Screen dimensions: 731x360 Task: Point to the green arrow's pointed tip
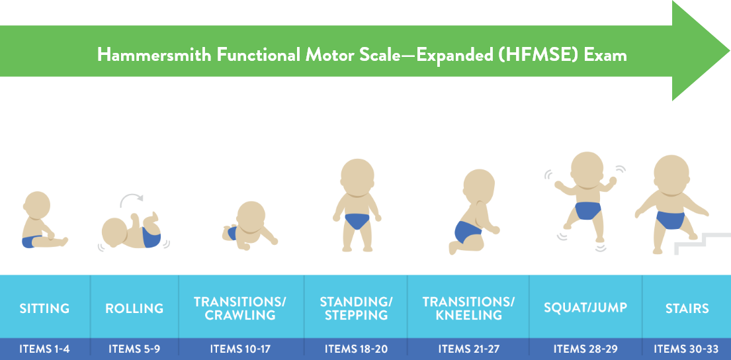[729, 50]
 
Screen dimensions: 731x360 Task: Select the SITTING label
[44, 308]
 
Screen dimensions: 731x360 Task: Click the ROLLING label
[134, 308]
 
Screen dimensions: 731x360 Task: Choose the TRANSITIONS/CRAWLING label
[240, 308]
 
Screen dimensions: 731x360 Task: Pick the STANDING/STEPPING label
[356, 308]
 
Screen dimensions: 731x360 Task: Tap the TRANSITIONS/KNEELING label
[468, 308]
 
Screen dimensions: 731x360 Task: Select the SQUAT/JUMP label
[585, 308]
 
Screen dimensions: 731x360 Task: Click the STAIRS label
[687, 308]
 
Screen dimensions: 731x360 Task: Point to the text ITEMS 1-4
[44, 349]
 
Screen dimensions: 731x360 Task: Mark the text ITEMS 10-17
[240, 349]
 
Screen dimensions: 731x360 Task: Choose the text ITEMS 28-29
[585, 349]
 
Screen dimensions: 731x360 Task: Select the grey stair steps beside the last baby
[702, 243]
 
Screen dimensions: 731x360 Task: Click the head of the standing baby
[357, 176]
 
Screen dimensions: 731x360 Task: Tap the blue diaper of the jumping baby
[588, 210]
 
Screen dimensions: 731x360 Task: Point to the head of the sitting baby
[37, 205]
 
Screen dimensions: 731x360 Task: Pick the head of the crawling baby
[251, 216]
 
